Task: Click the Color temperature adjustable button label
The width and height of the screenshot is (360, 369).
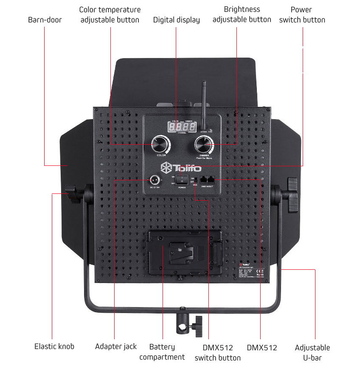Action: [110, 14]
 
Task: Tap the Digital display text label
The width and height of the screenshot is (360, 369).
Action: [176, 20]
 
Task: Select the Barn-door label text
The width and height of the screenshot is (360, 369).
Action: [45, 20]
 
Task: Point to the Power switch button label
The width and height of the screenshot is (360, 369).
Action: [302, 14]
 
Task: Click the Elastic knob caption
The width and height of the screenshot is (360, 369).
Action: [54, 347]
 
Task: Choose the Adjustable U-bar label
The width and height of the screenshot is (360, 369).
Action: [312, 352]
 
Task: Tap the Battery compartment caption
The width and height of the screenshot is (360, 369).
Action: [162, 352]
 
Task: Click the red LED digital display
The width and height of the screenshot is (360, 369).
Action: [181, 126]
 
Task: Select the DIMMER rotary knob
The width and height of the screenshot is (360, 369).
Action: [204, 145]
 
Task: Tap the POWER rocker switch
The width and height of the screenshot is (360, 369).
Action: [182, 180]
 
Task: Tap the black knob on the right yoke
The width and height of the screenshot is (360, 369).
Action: [292, 195]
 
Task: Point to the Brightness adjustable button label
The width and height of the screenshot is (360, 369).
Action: [242, 14]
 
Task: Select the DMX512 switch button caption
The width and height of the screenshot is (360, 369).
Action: [217, 352]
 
